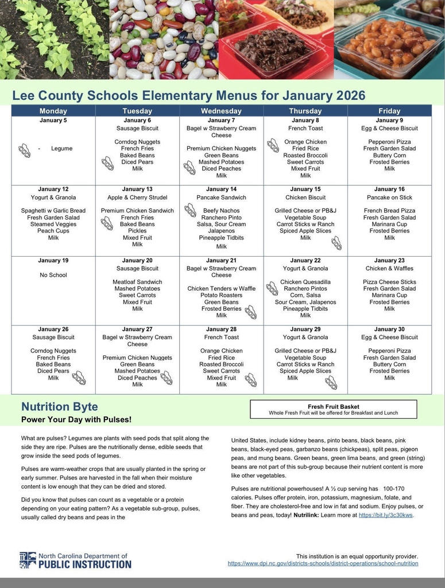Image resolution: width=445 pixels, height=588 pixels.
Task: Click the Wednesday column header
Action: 221,111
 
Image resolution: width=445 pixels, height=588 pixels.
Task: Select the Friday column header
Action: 389,111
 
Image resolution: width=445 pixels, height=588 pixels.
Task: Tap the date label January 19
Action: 53,260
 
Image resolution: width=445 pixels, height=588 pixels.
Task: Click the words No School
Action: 53,275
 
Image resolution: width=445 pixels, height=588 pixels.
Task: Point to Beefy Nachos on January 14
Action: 221,211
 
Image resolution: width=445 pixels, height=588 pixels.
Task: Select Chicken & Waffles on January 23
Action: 389,268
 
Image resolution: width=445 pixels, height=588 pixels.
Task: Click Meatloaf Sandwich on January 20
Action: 137,282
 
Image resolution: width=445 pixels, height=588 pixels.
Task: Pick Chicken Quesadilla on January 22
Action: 305,282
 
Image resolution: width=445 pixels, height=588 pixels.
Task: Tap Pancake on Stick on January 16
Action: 389,197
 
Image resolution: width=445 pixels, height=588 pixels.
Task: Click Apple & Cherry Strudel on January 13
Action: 137,197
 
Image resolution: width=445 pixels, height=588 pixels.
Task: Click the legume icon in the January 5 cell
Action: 24,150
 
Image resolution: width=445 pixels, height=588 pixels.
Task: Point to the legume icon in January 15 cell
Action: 336,243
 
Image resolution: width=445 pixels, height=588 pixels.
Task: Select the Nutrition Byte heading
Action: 60,407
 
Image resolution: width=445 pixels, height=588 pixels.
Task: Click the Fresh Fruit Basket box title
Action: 334,407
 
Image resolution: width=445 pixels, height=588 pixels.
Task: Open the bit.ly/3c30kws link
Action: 385,515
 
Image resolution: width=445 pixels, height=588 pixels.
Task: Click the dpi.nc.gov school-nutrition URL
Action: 323,563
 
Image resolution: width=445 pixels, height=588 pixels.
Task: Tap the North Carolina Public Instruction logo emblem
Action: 28,560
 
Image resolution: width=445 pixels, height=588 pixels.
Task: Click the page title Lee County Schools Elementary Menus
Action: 188,95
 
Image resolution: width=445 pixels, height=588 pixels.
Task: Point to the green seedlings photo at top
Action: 55,39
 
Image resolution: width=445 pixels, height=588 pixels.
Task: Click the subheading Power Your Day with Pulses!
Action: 76,420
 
